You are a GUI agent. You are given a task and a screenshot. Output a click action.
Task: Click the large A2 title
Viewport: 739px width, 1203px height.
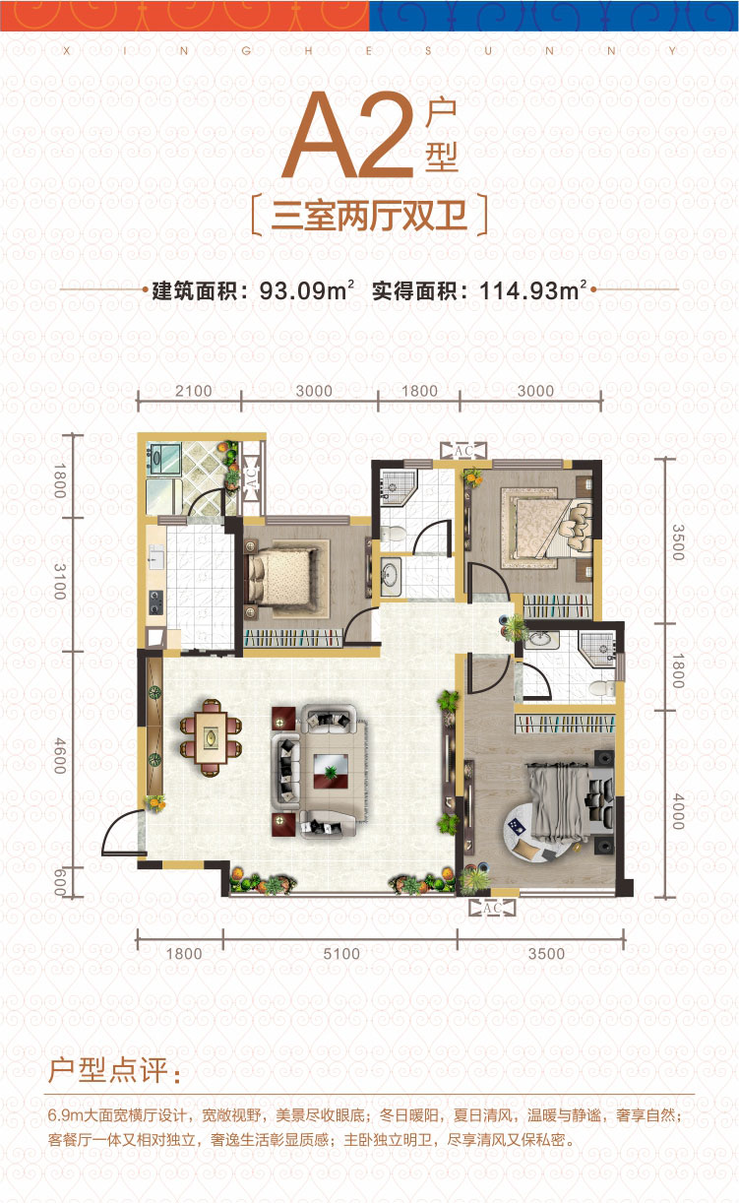[x=349, y=135]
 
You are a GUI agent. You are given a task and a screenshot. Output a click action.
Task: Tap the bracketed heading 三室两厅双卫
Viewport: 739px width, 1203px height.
[x=369, y=215]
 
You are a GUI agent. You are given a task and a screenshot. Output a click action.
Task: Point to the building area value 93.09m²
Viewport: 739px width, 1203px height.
[x=306, y=290]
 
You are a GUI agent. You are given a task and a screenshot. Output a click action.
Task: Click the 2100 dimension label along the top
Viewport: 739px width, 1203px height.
[x=193, y=391]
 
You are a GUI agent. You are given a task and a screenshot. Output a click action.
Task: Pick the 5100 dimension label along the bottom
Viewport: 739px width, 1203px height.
[x=341, y=954]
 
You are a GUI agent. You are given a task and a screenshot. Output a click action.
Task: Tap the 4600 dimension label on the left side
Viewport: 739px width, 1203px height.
[x=60, y=756]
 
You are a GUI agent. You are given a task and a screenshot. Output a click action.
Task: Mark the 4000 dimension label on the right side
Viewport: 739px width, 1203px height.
[x=678, y=811]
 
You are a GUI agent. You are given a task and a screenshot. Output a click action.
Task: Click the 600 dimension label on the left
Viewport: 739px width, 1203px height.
[x=60, y=881]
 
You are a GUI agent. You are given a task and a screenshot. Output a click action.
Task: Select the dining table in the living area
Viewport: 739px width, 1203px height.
[x=211, y=737]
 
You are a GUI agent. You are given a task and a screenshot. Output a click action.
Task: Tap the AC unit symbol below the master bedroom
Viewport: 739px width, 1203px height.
[x=492, y=908]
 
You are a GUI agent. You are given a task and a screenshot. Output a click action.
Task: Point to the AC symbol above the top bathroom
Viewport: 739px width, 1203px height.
[x=463, y=451]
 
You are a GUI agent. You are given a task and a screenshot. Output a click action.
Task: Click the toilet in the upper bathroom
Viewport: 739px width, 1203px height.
[x=395, y=534]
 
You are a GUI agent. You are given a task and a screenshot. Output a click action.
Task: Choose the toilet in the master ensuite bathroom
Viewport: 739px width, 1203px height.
[x=602, y=688]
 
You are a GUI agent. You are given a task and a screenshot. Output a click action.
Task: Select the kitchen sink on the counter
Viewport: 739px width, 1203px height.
[x=155, y=557]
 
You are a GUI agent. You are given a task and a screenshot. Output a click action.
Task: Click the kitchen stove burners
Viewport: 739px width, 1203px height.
[x=155, y=602]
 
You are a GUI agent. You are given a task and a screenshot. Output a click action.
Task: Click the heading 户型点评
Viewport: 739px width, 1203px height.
[x=115, y=1070]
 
